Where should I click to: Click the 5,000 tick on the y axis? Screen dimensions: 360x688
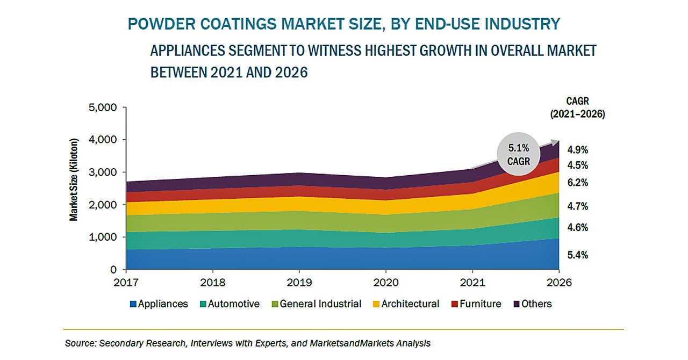coord(102,107)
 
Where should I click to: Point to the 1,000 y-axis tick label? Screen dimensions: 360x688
coord(102,237)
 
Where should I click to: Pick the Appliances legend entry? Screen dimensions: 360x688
coord(159,304)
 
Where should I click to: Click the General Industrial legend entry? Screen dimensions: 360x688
coord(316,304)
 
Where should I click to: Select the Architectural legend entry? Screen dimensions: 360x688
coord(406,304)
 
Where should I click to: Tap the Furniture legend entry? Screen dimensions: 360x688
coord(476,304)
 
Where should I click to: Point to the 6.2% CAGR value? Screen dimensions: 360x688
coord(577,183)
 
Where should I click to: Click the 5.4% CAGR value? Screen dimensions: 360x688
coord(577,255)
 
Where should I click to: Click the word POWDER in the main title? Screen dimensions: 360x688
coord(157,24)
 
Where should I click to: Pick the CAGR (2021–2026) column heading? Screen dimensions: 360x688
coord(577,107)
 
